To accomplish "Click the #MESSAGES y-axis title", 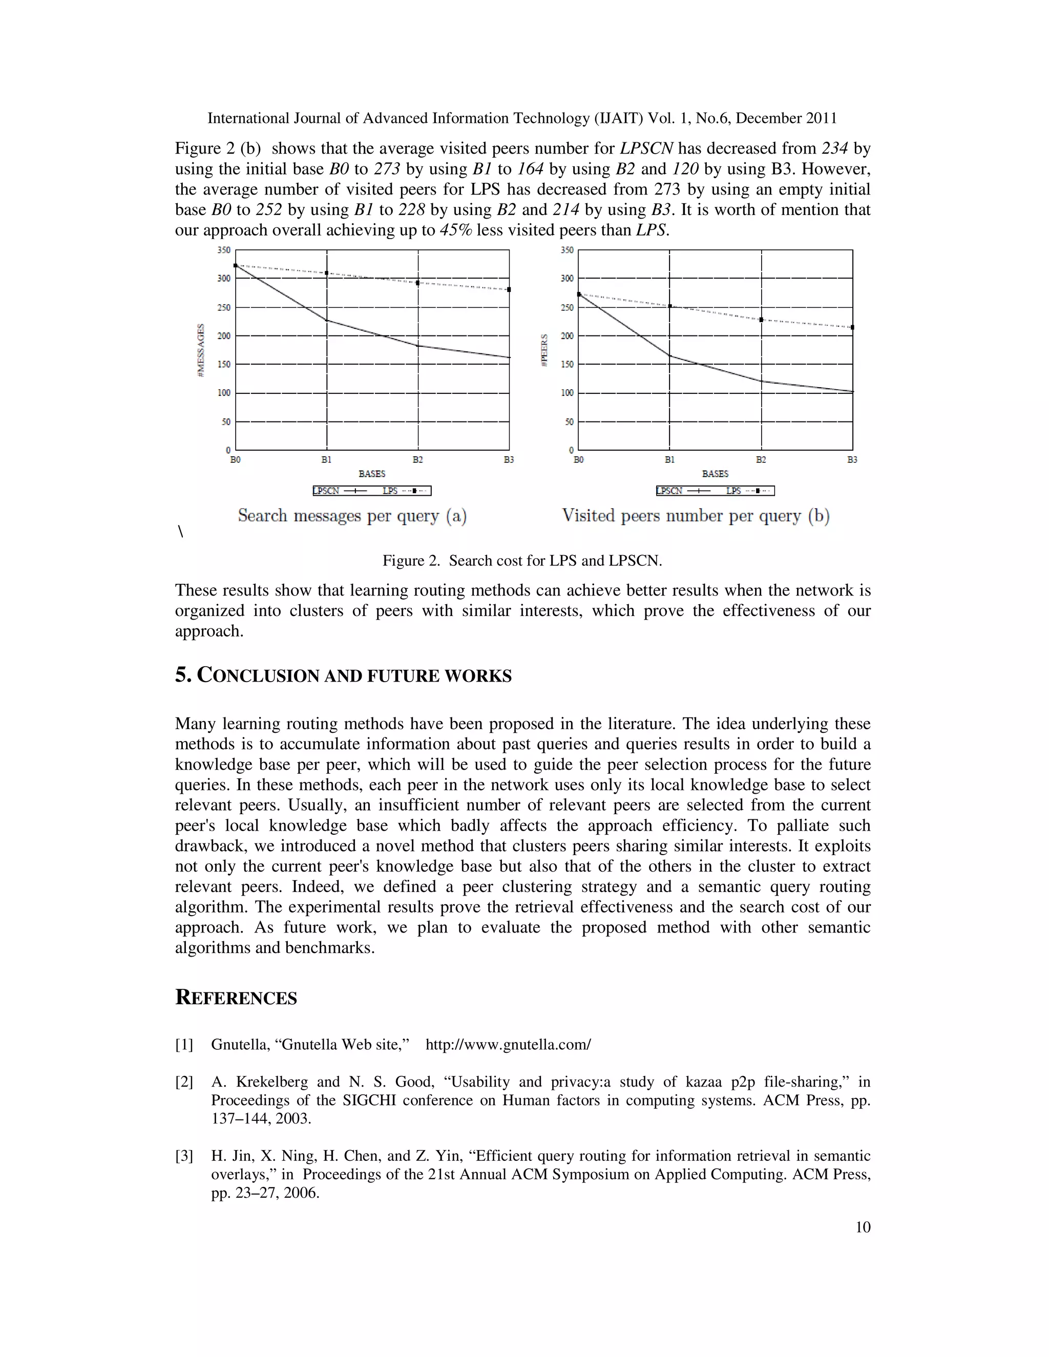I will (x=201, y=350).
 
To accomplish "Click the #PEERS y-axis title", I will (x=544, y=350).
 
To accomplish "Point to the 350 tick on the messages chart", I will (x=224, y=250).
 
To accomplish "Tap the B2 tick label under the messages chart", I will (x=417, y=460).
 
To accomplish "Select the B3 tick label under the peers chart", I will (x=852, y=460).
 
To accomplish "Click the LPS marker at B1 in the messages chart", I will (x=327, y=273).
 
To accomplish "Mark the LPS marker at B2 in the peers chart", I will (x=761, y=320).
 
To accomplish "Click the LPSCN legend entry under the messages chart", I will (x=339, y=491).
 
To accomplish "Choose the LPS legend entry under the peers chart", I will (x=747, y=491).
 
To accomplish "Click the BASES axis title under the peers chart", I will (x=715, y=474).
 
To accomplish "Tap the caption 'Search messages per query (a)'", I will (x=352, y=516).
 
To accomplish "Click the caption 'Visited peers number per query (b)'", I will (x=696, y=516).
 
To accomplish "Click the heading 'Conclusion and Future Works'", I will (x=343, y=675).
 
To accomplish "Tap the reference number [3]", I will (x=184, y=1156).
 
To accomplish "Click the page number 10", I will (x=863, y=1227).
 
